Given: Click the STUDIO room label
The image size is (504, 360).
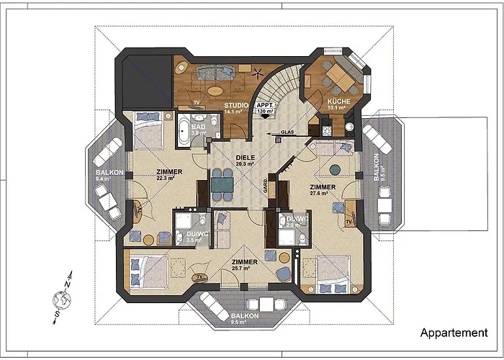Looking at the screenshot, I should tap(236, 105).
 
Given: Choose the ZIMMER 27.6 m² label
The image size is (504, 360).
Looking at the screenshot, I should tap(323, 189).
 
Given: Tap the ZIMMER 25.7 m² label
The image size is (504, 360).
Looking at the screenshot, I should tap(246, 264).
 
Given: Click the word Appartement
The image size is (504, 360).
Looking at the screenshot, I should tap(454, 333).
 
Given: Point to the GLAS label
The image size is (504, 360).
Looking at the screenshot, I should tap(287, 132).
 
